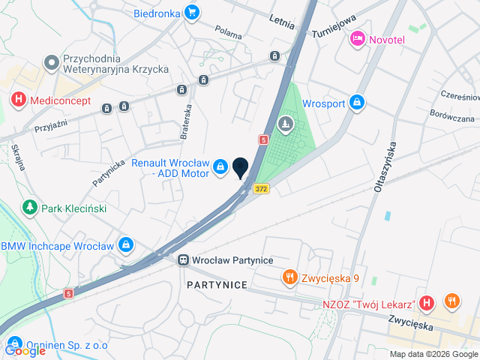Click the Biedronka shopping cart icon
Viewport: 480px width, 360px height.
[x=192, y=12]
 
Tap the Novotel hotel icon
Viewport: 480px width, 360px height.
[x=358, y=37]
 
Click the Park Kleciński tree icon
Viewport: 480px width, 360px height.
[x=30, y=206]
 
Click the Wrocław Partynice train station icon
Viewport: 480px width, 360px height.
[x=183, y=260]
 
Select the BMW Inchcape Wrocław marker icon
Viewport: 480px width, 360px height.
[x=126, y=245]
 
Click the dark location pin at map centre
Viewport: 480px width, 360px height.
[x=241, y=168]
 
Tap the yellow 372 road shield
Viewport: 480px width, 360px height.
[x=261, y=189]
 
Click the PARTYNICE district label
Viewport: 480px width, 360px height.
[x=217, y=286]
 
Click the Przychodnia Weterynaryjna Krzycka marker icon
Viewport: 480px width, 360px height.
[x=52, y=61]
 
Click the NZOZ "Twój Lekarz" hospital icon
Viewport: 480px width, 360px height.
[x=426, y=303]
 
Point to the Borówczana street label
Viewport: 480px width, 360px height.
[x=452, y=118]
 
